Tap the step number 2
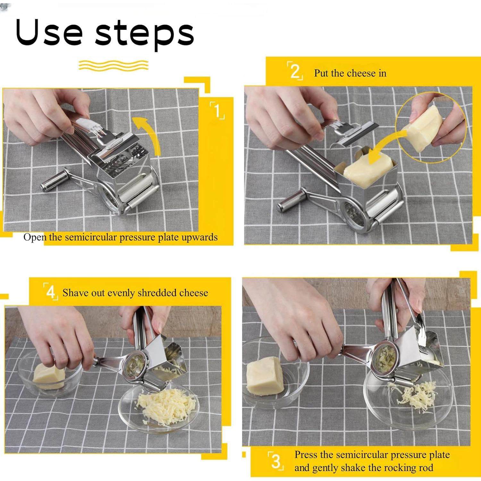coord(294,71)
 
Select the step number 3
coord(276,462)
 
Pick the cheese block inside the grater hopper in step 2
coord(366,170)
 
